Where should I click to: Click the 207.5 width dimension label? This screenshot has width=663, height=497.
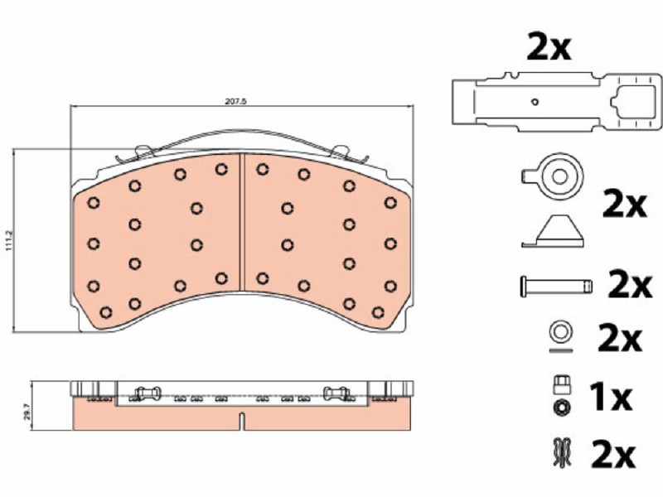pyautogui.click(x=235, y=101)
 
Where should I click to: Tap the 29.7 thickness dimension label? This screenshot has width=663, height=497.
pyautogui.click(x=27, y=411)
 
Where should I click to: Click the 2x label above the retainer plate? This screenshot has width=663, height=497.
pyautogui.click(x=549, y=47)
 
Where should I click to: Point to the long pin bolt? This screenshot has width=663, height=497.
pyautogui.click(x=555, y=286)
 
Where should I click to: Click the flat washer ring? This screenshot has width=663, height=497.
pyautogui.click(x=561, y=333)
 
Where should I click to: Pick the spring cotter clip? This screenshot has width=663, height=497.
pyautogui.click(x=562, y=452)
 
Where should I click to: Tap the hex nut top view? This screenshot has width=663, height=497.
pyautogui.click(x=562, y=408)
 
